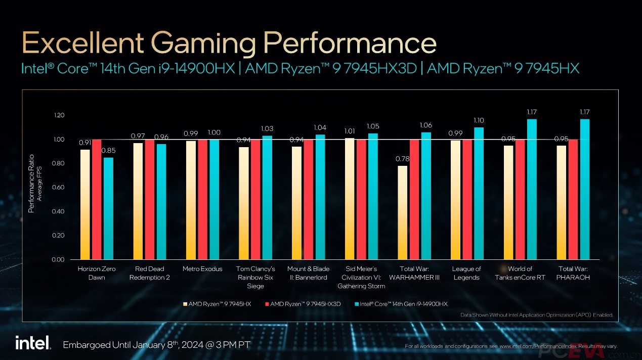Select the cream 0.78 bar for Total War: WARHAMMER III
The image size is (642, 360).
pos(402,212)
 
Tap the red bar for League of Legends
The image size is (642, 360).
pos(467,199)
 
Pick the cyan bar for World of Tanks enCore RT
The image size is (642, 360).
pos(532,189)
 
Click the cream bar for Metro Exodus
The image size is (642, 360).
pos(191,200)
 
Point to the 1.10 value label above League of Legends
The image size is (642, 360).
pos(479,120)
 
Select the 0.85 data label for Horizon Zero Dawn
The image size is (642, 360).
pos(108,151)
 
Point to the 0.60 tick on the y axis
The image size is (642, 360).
pos(59,188)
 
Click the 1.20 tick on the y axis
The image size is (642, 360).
pos(59,115)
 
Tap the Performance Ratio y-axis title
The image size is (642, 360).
pos(31,183)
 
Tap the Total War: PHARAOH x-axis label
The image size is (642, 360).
pos(574,273)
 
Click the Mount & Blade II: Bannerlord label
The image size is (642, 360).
pos(308,273)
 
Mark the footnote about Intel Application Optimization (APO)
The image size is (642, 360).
pos(536,315)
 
